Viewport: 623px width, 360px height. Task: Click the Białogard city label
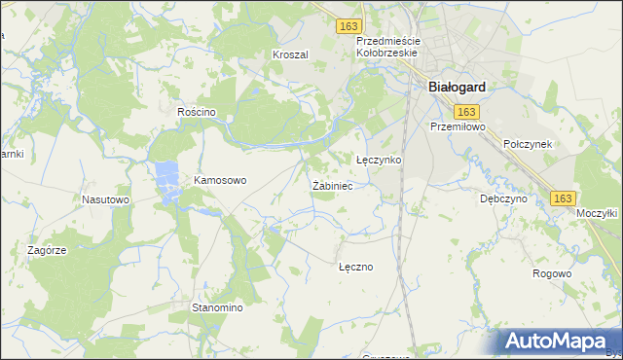click(x=457, y=86)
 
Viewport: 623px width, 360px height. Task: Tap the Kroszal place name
click(x=290, y=54)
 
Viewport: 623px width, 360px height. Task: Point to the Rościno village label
click(x=196, y=112)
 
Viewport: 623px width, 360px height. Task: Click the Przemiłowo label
click(x=457, y=126)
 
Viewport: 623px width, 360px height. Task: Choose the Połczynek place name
click(x=529, y=143)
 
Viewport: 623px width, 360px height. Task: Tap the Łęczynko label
click(x=379, y=159)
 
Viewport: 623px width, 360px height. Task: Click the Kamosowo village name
click(x=221, y=180)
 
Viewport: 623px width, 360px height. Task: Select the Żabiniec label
click(x=332, y=185)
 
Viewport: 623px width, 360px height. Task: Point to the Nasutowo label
click(x=106, y=199)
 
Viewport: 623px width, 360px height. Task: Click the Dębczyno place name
click(x=503, y=198)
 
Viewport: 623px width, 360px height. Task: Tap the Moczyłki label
click(x=598, y=213)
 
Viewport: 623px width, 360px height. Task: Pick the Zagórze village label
click(x=47, y=250)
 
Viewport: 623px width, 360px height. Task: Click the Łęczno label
click(x=356, y=266)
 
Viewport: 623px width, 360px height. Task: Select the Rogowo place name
click(x=552, y=273)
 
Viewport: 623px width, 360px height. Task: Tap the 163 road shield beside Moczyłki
click(x=562, y=198)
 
